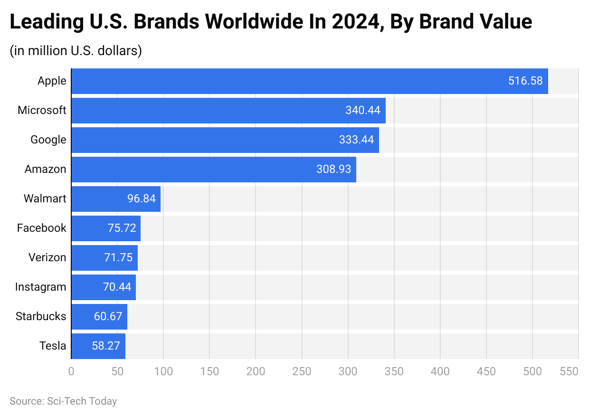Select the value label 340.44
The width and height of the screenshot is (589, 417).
[362, 111]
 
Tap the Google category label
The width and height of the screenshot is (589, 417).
[48, 140]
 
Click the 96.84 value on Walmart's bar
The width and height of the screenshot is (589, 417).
[141, 199]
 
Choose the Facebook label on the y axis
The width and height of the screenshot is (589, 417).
[42, 228]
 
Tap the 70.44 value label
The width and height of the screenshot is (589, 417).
[117, 287]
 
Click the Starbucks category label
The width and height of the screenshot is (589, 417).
[41, 317]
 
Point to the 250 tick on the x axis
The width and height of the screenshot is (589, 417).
[302, 371]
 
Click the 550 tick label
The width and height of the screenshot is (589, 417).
[569, 371]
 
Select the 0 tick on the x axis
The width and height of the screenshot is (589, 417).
[71, 371]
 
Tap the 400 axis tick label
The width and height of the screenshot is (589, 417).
[440, 371]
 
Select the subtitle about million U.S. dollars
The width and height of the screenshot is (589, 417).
[76, 51]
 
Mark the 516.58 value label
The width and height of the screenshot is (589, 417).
[525, 81]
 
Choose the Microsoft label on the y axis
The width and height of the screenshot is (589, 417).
[42, 111]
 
